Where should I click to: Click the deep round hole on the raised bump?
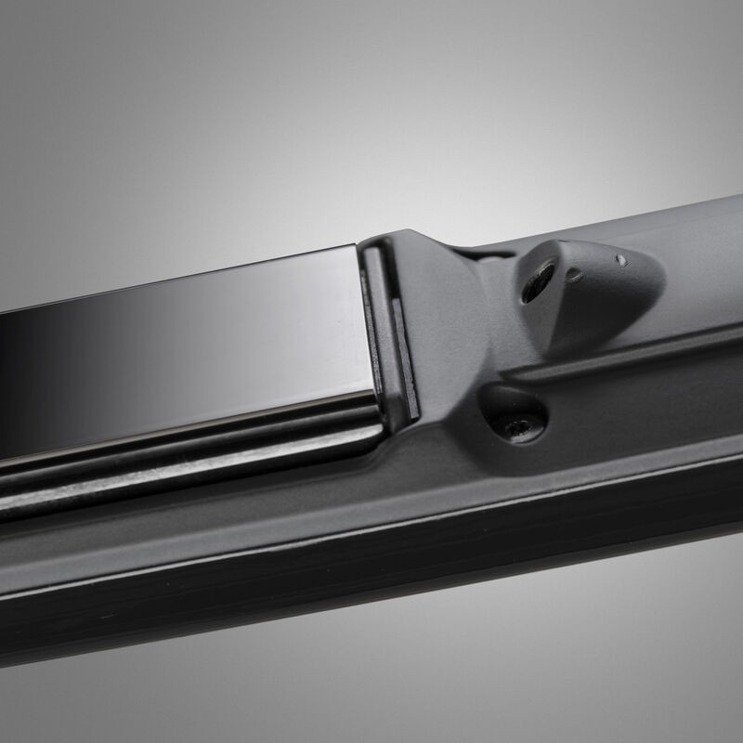coord(538,280)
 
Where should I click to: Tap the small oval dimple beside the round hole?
coord(575,275)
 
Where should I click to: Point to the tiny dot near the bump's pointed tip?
coord(619,260)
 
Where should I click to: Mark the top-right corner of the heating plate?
coord(355,246)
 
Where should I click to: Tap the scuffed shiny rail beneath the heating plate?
coord(186,464)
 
